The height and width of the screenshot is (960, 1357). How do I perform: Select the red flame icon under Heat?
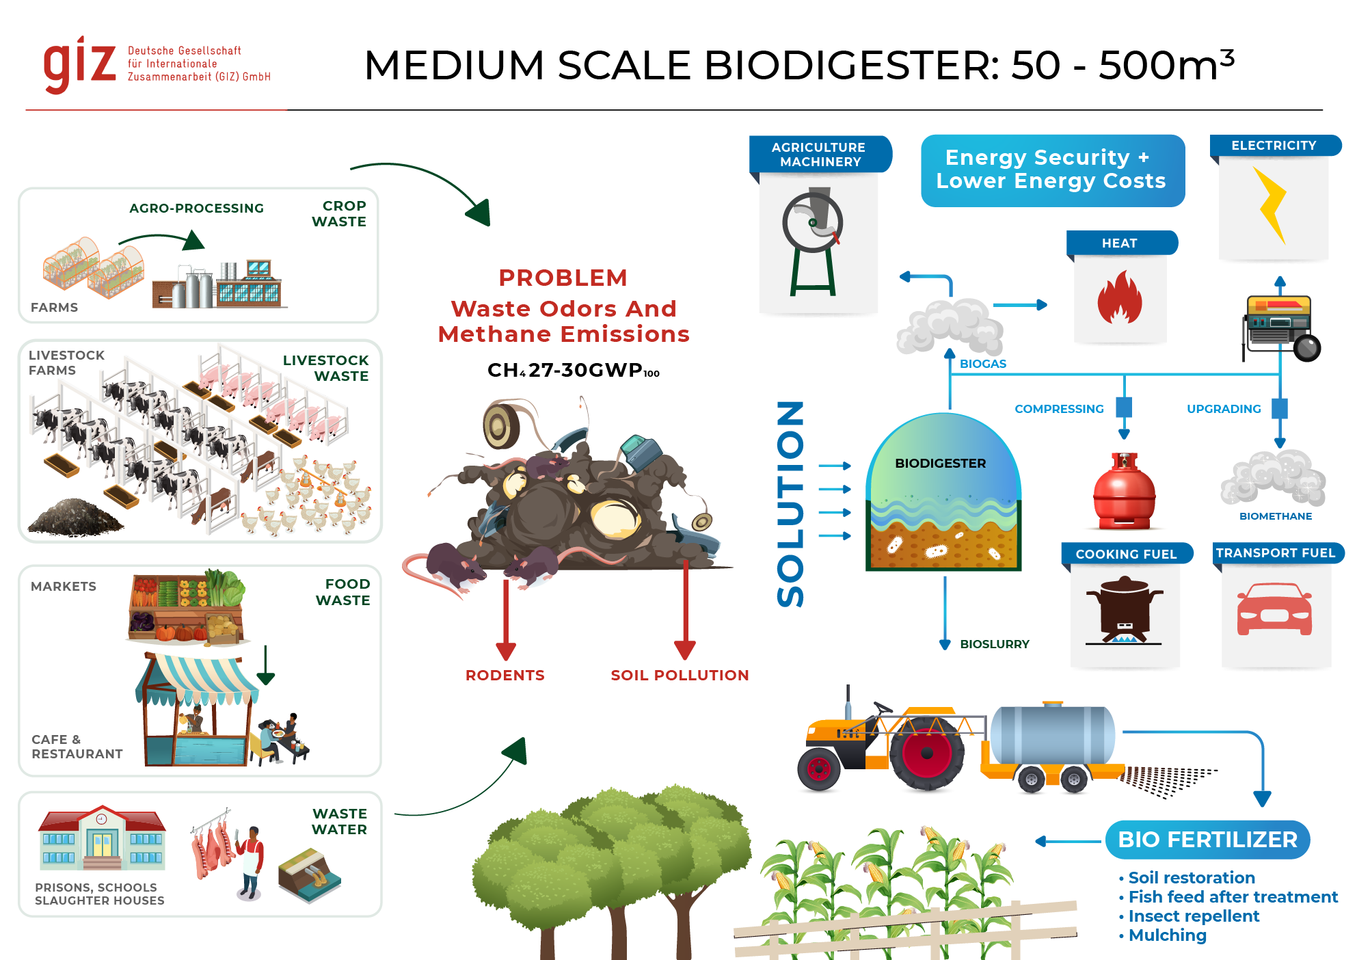pyautogui.click(x=1120, y=298)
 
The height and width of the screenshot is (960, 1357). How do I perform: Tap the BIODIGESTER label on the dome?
pyautogui.click(x=940, y=464)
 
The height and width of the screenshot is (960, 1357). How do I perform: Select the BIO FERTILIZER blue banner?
pyautogui.click(x=1207, y=840)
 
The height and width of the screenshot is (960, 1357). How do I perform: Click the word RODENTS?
pyautogui.click(x=505, y=676)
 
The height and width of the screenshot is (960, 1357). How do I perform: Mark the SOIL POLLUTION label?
pyautogui.click(x=680, y=676)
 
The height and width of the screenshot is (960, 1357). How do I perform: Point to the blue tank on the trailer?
pyautogui.click(x=1053, y=736)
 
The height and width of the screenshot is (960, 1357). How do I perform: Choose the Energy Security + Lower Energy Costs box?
pyautogui.click(x=1052, y=170)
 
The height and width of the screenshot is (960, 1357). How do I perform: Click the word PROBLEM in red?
pyautogui.click(x=563, y=278)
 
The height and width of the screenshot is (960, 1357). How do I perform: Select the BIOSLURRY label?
pyautogui.click(x=994, y=644)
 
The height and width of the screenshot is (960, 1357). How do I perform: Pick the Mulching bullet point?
pyautogui.click(x=1167, y=935)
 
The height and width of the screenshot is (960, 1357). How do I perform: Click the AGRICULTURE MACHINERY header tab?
pyautogui.click(x=819, y=155)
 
